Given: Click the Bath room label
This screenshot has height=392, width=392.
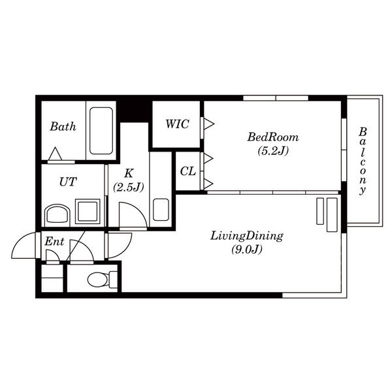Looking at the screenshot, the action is [63, 127].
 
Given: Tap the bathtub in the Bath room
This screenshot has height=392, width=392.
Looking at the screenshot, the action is [101, 131].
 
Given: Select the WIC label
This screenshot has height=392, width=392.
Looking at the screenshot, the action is [177, 124].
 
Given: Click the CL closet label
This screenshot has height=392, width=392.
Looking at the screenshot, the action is [188, 171].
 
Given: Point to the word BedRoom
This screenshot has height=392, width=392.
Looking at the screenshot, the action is [273, 137].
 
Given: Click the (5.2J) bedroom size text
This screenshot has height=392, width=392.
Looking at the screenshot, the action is [273, 151].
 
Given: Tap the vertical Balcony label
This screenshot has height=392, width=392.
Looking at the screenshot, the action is [363, 161].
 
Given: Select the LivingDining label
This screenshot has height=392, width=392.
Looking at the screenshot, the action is [246, 237].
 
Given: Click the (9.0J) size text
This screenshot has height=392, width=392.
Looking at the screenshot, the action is [246, 250].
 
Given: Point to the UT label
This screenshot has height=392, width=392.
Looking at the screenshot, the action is [68, 182].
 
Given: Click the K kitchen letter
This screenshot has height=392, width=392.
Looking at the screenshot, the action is [129, 173].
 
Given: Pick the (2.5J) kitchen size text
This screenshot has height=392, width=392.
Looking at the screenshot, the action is [129, 187].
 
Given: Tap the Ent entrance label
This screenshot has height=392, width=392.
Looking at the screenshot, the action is [54, 242].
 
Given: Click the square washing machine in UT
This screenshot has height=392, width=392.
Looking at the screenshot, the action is [88, 211].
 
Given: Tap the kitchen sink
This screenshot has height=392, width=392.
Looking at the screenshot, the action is [161, 210].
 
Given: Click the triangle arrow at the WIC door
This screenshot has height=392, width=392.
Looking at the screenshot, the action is [209, 123].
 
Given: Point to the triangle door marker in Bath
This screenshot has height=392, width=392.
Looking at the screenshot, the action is [55, 154].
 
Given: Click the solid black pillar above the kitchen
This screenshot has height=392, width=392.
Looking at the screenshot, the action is [133, 112].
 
